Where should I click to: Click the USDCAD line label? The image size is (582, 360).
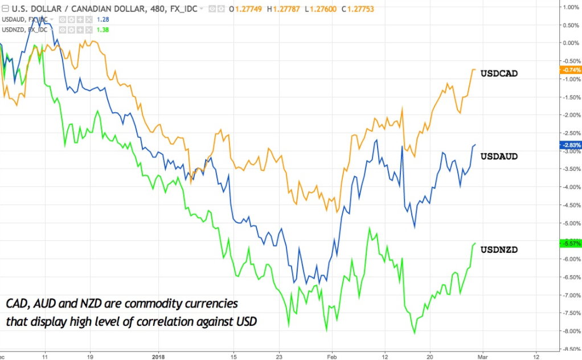coord(499,73)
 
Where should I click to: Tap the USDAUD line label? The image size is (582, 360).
coord(499,157)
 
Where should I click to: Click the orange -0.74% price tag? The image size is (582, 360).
coord(570,69)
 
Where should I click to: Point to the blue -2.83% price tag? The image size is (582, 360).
coord(570,145)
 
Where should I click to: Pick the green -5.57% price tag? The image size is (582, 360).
coord(570,243)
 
